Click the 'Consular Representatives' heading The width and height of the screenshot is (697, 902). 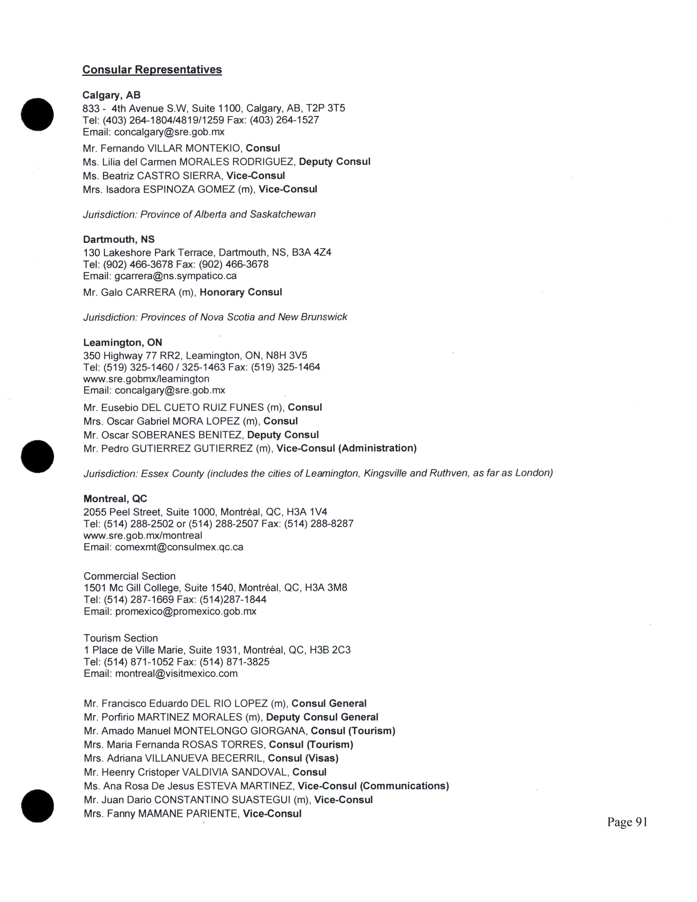pyautogui.click(x=152, y=69)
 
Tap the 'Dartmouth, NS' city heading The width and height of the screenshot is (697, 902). pyautogui.click(x=119, y=239)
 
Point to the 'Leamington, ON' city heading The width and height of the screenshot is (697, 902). pyautogui.click(x=123, y=342)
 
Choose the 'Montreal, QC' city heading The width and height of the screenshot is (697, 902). pyautogui.click(x=115, y=499)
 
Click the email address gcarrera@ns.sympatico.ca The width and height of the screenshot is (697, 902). pyautogui.click(x=175, y=276)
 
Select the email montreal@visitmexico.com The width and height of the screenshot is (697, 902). pyautogui.click(x=176, y=673)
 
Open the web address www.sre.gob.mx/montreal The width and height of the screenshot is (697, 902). pyautogui.click(x=143, y=536)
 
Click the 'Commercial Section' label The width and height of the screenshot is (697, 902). pyautogui.click(x=129, y=576)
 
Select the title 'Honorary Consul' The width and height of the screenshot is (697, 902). pyautogui.click(x=241, y=292)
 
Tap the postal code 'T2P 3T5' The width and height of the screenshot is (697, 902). pyautogui.click(x=325, y=108)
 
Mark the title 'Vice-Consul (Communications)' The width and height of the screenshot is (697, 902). pyautogui.click(x=373, y=786)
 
